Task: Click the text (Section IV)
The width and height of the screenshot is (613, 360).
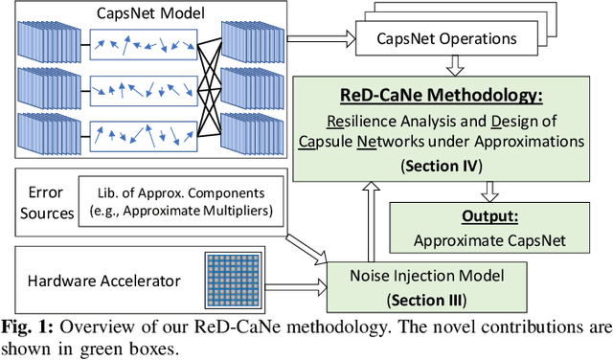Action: (443, 164)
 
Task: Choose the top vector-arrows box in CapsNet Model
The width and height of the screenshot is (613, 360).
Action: (142, 44)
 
